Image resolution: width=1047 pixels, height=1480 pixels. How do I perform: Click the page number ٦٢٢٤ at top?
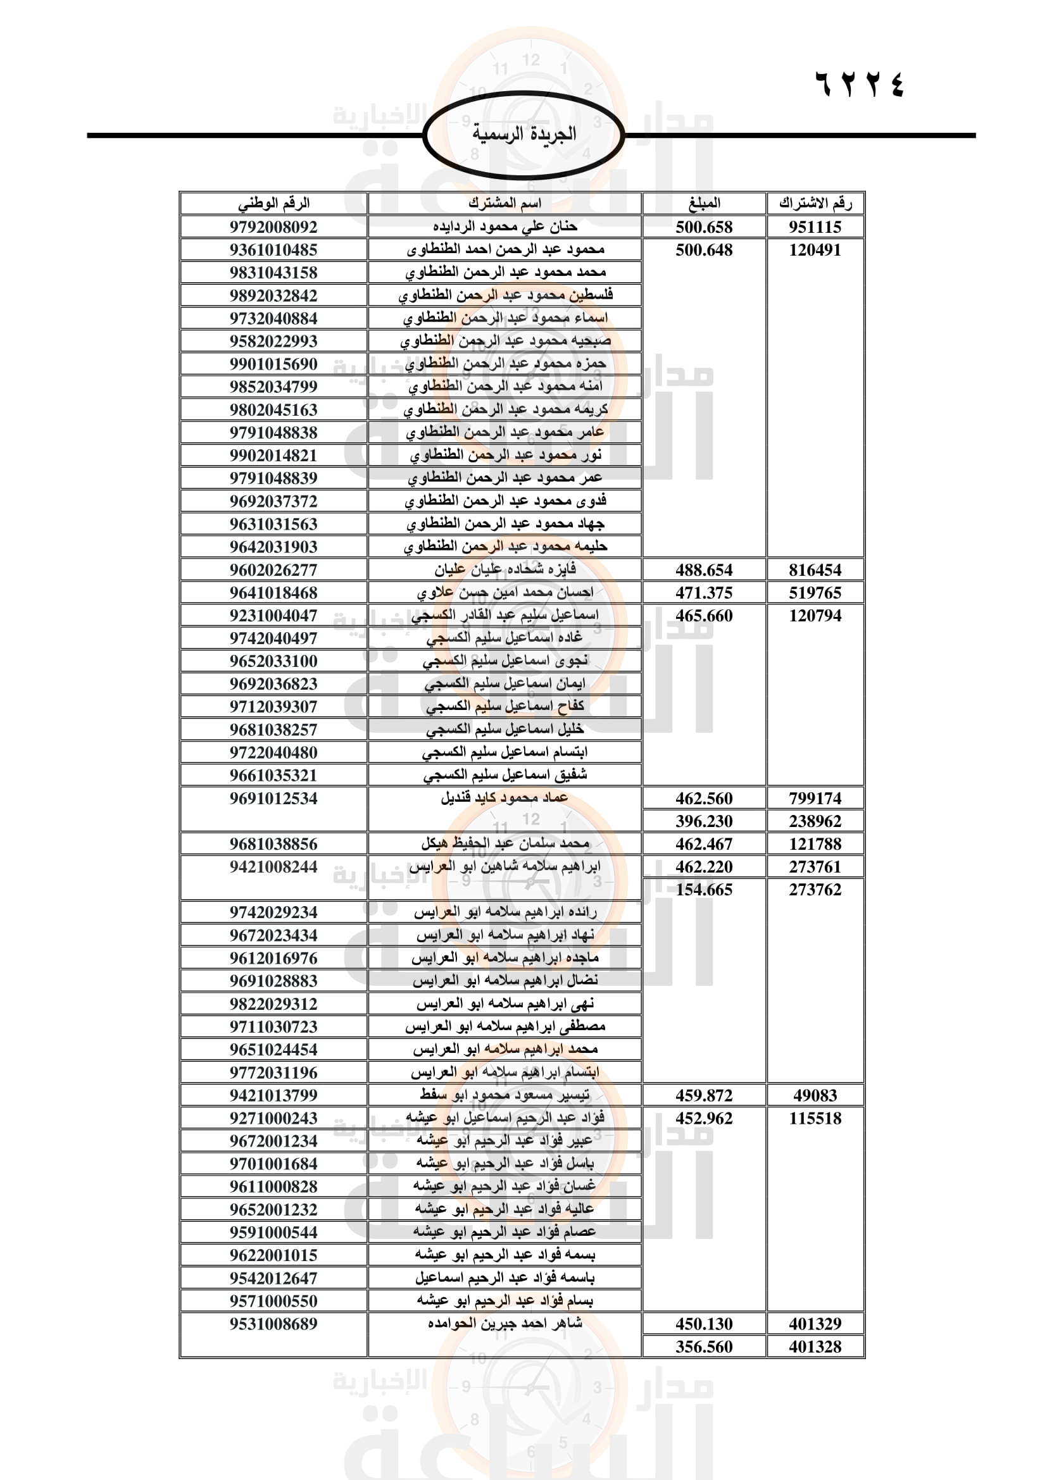pyautogui.click(x=860, y=84)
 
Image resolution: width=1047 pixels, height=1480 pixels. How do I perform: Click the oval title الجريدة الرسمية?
pyautogui.click(x=523, y=135)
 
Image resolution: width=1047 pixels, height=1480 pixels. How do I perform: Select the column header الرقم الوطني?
pyautogui.click(x=273, y=203)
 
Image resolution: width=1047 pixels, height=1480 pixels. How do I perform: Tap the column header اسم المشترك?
pyautogui.click(x=505, y=203)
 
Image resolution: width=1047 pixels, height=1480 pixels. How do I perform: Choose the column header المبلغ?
pyautogui.click(x=704, y=203)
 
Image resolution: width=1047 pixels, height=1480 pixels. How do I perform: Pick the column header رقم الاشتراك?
pyautogui.click(x=815, y=203)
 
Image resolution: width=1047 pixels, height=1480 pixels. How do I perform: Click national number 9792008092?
pyautogui.click(x=273, y=227)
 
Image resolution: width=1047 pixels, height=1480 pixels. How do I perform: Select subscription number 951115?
pyautogui.click(x=815, y=227)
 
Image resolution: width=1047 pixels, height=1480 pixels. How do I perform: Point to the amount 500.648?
pyautogui.click(x=704, y=250)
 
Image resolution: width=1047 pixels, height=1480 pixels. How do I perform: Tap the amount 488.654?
pyautogui.click(x=704, y=570)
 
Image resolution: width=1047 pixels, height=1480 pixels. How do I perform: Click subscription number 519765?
pyautogui.click(x=815, y=592)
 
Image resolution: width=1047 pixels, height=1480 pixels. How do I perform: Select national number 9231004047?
pyautogui.click(x=273, y=616)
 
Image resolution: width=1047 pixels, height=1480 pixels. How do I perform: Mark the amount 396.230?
pyautogui.click(x=704, y=821)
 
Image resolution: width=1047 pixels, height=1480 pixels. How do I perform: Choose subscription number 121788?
pyautogui.click(x=815, y=844)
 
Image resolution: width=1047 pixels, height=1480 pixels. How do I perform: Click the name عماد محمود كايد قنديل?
pyautogui.click(x=505, y=798)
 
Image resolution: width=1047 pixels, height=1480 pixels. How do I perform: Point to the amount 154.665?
pyautogui.click(x=704, y=890)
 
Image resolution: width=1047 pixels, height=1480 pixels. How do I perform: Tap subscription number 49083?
pyautogui.click(x=815, y=1095)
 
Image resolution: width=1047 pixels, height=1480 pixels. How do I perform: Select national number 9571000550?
pyautogui.click(x=273, y=1301)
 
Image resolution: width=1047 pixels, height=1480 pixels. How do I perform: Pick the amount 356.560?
pyautogui.click(x=704, y=1346)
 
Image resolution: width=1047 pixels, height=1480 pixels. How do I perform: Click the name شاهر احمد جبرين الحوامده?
pyautogui.click(x=505, y=1323)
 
